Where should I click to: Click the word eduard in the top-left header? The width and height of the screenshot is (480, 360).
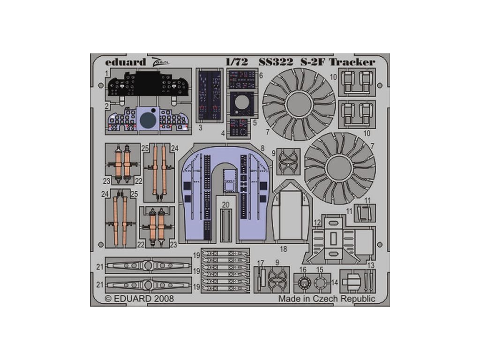coord(119,61)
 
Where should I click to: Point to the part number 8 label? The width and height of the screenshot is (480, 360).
coord(262,148)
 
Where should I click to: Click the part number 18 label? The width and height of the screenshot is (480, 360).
coord(283,249)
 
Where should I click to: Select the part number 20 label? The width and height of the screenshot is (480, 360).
coord(226,204)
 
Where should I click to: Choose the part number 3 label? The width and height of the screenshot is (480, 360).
coord(200,127)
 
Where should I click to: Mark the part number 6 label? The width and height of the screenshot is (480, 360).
coord(261,75)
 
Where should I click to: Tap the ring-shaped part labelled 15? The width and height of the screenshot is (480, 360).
coord(320,283)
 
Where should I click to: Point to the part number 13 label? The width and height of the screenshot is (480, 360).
coord(370,265)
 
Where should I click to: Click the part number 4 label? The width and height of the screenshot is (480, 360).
coord(223,134)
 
